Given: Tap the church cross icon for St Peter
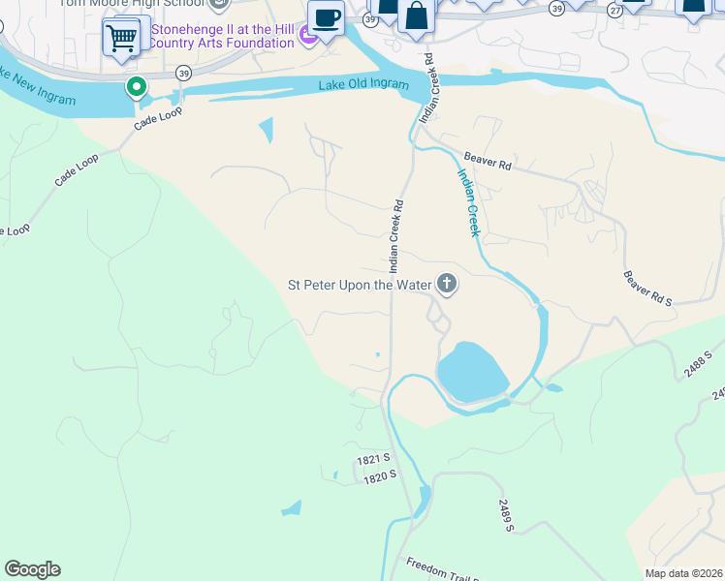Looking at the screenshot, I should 446,284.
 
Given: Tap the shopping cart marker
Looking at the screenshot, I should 121,40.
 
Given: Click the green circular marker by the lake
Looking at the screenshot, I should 137,88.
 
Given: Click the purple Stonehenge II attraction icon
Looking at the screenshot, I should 308,37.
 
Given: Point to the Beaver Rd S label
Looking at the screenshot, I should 647,289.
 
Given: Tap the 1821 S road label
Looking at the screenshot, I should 373,458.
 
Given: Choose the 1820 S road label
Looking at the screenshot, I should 381,475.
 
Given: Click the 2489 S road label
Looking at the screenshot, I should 507,514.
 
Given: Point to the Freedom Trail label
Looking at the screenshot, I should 441,569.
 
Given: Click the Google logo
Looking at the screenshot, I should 32,569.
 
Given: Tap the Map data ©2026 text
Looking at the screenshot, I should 683,573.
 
